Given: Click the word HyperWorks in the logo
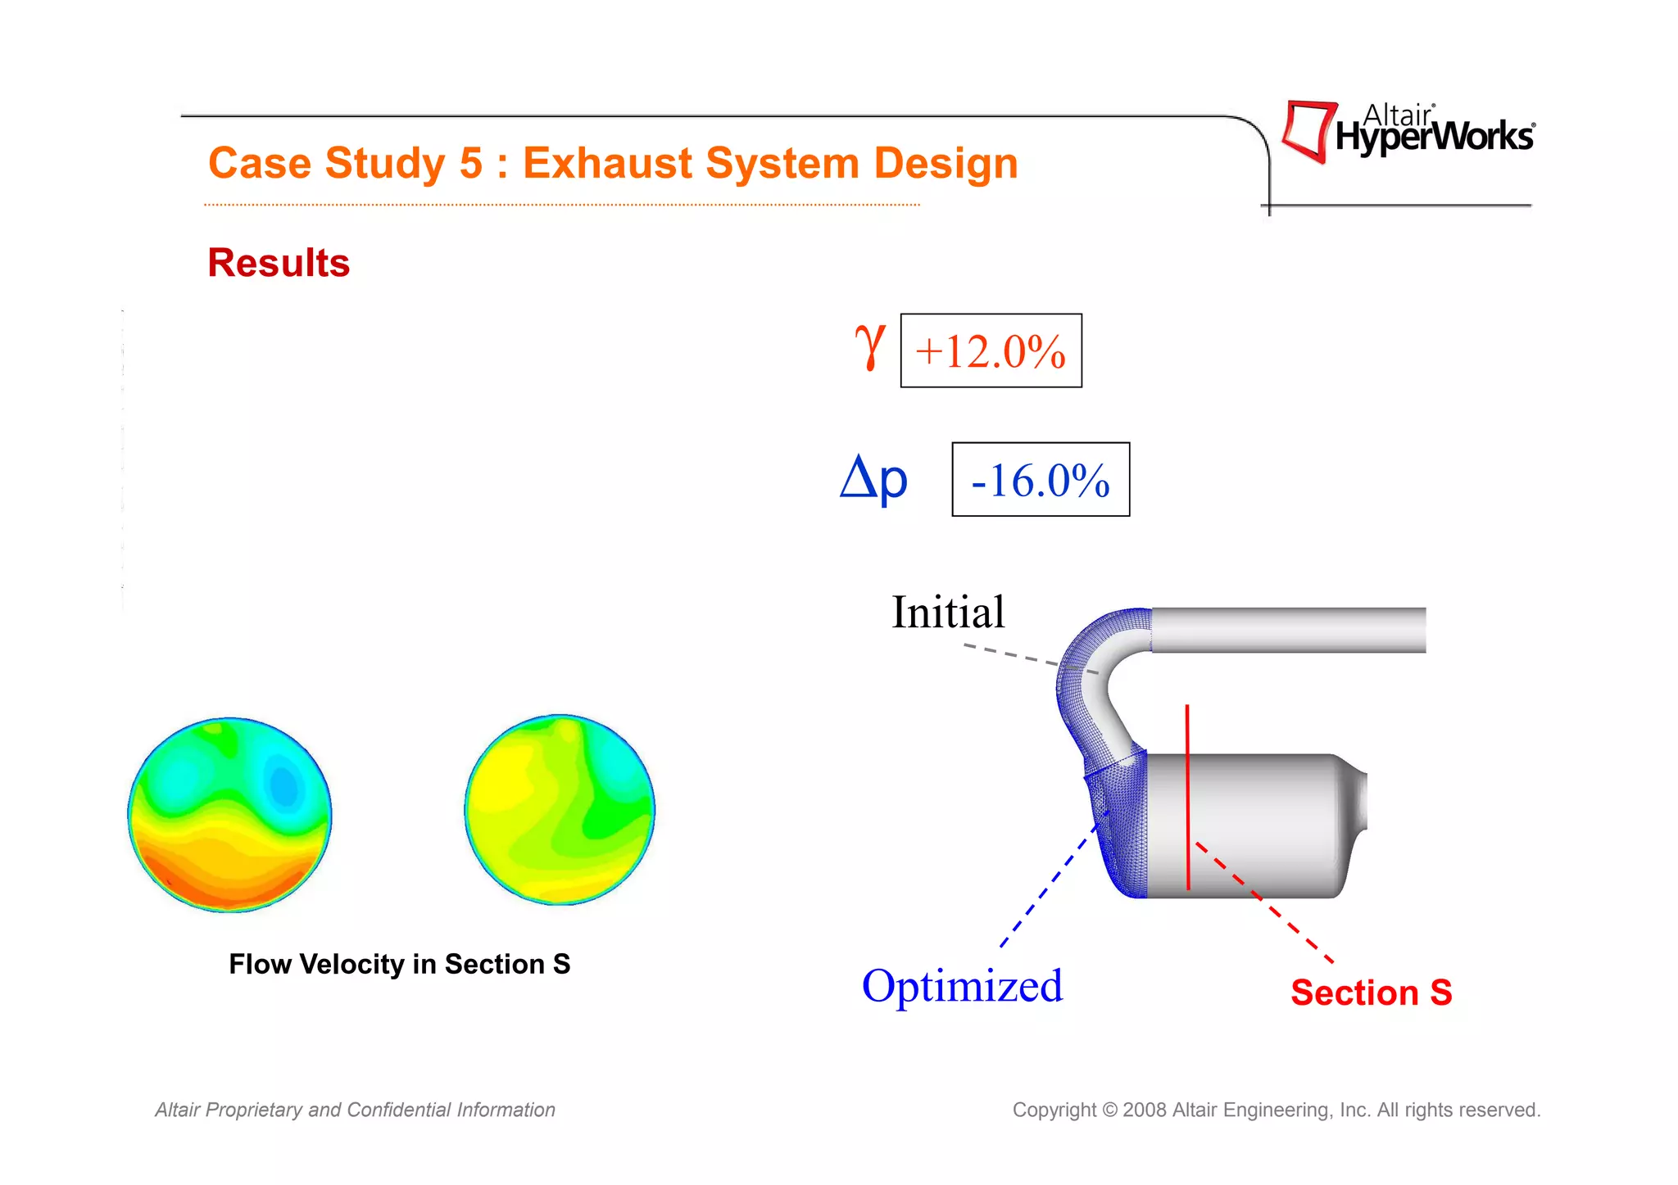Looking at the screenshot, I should (x=1434, y=137).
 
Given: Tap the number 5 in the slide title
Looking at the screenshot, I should (x=471, y=163).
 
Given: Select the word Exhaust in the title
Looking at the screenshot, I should (x=609, y=163).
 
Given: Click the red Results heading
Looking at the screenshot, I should (x=279, y=263).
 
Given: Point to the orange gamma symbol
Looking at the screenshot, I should (x=869, y=346).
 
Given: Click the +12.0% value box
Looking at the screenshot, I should (x=991, y=351).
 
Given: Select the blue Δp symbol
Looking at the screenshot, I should (x=873, y=479).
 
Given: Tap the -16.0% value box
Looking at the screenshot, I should (x=1040, y=480).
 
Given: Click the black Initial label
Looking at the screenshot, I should (x=948, y=612).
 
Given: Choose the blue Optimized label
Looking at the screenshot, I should (x=962, y=985).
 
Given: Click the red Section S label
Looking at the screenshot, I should (x=1371, y=993).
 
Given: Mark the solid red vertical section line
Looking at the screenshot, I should (x=1187, y=798).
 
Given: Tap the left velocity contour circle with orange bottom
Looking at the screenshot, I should (x=230, y=815).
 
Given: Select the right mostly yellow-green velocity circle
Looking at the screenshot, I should (x=560, y=810).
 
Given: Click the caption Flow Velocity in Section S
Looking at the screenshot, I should (x=399, y=964).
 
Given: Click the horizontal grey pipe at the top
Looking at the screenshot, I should (x=1288, y=630).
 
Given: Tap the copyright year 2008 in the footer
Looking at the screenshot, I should (x=1145, y=1110).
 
